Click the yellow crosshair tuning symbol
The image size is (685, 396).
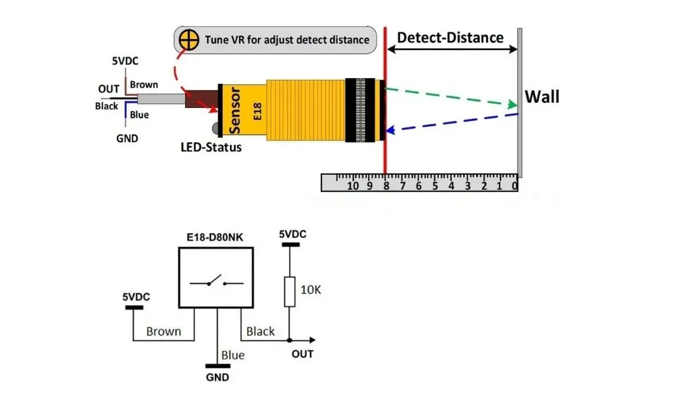click(189, 40)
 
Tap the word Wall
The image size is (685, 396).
click(542, 97)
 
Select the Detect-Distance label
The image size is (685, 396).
click(450, 37)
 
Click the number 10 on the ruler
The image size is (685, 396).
click(353, 186)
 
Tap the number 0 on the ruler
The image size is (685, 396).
click(514, 186)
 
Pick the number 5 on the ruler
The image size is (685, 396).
click(434, 186)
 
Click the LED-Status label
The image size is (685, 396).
click(210, 147)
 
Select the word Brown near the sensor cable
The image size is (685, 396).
click(143, 85)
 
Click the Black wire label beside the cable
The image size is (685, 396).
click(106, 106)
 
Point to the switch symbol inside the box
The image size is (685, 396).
click(216, 282)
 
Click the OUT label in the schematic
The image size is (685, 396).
click(302, 354)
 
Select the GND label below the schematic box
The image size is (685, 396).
click(218, 376)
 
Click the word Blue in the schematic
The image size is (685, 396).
click(232, 355)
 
